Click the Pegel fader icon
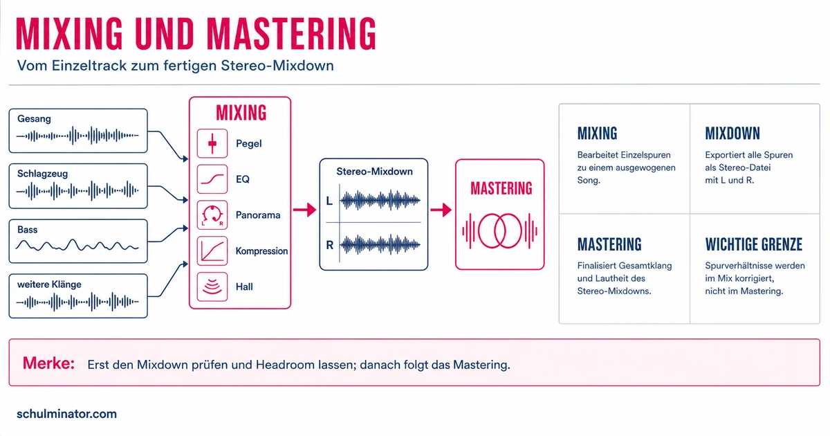coord(212,143)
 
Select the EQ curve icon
coord(212,179)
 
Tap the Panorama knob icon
coord(212,215)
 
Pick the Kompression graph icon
coord(212,251)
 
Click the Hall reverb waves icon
coord(212,287)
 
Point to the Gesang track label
coord(34,119)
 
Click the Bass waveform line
coord(77,246)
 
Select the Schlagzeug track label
coord(43,174)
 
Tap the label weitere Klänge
coord(49,284)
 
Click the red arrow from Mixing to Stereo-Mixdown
coord(304,210)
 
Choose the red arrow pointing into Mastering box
coord(441,210)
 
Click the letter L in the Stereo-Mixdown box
coord(329,201)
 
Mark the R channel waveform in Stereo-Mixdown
coord(380,245)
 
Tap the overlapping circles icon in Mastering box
coord(500,230)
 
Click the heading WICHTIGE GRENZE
coord(754,244)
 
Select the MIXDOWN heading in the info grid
coord(732,134)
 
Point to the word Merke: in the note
coord(48,363)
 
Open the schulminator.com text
coord(66,414)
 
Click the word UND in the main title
coord(165,33)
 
